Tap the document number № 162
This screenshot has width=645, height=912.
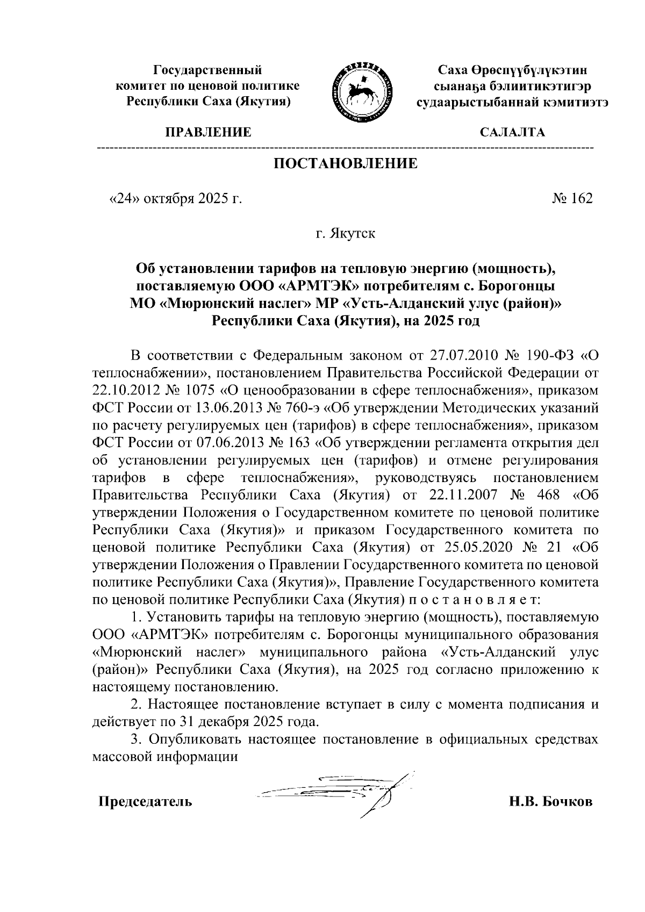tap(572, 199)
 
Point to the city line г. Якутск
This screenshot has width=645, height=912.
tap(346, 234)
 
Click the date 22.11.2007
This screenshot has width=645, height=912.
tap(461, 495)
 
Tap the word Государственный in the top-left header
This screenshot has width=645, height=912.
tap(208, 70)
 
